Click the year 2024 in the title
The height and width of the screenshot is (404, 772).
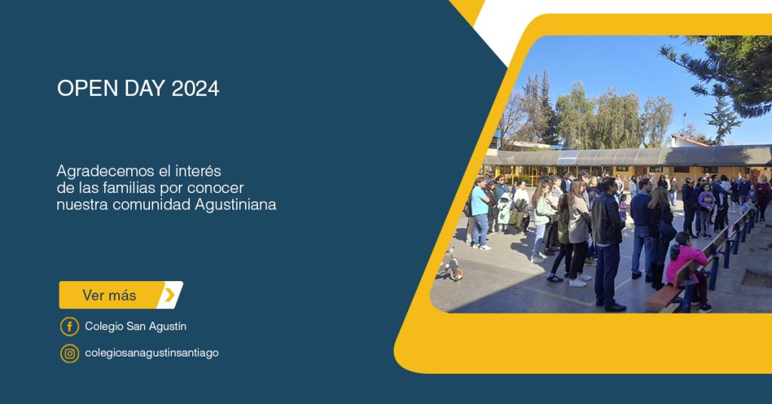pyautogui.click(x=195, y=89)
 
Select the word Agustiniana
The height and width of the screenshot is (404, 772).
pyautogui.click(x=235, y=205)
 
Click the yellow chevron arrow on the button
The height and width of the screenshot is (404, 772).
pyautogui.click(x=170, y=295)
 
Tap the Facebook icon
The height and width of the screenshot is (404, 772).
pyautogui.click(x=69, y=326)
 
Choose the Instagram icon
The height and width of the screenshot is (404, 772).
pyautogui.click(x=69, y=353)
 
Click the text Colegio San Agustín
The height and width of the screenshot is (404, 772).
pyautogui.click(x=136, y=326)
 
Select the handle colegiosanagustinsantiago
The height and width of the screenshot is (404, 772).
pyautogui.click(x=152, y=353)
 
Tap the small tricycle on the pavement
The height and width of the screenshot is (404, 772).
pyautogui.click(x=450, y=266)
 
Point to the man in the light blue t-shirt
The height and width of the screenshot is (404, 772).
pyautogui.click(x=480, y=213)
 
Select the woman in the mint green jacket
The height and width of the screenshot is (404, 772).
pyautogui.click(x=542, y=220)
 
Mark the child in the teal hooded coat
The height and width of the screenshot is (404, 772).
pyautogui.click(x=504, y=212)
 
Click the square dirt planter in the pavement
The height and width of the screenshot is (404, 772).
pyautogui.click(x=756, y=279)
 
